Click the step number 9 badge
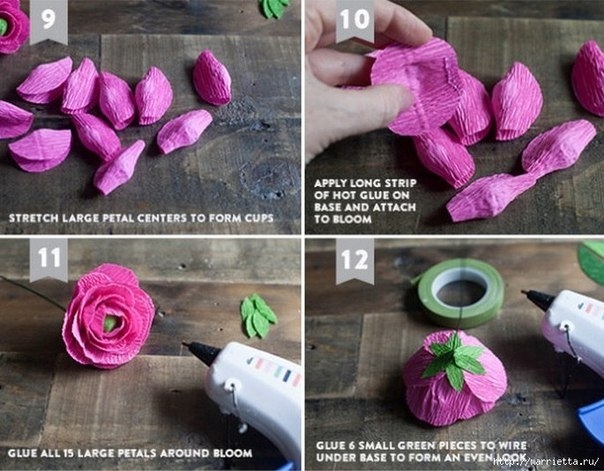tap(49, 20)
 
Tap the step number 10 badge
tap(355, 20)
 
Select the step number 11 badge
tap(49, 259)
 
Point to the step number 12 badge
tap(355, 260)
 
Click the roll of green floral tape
tap(461, 293)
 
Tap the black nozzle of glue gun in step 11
tap(201, 352)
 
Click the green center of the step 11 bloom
tap(110, 323)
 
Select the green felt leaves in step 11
tap(258, 315)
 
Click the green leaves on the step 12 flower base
tap(455, 360)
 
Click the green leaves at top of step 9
tap(275, 8)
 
